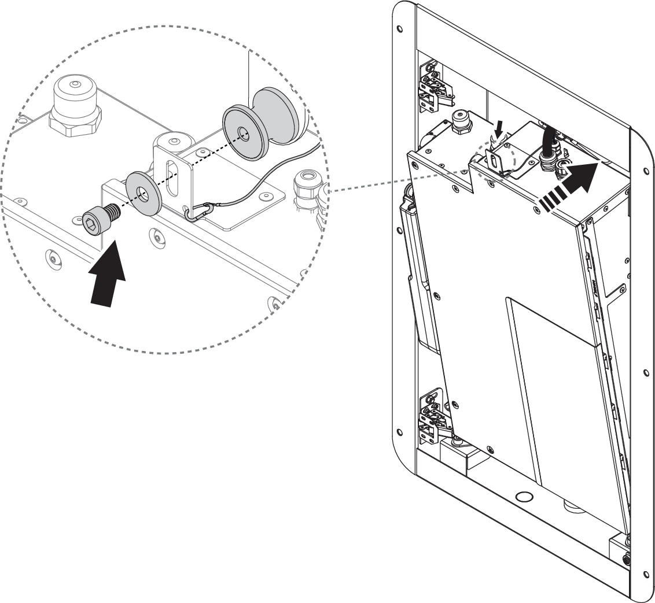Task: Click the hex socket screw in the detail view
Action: [99, 220]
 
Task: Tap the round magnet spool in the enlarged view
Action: [260, 127]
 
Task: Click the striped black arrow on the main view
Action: [571, 185]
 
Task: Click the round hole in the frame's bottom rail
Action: [524, 497]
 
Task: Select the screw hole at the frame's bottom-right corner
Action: [646, 574]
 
